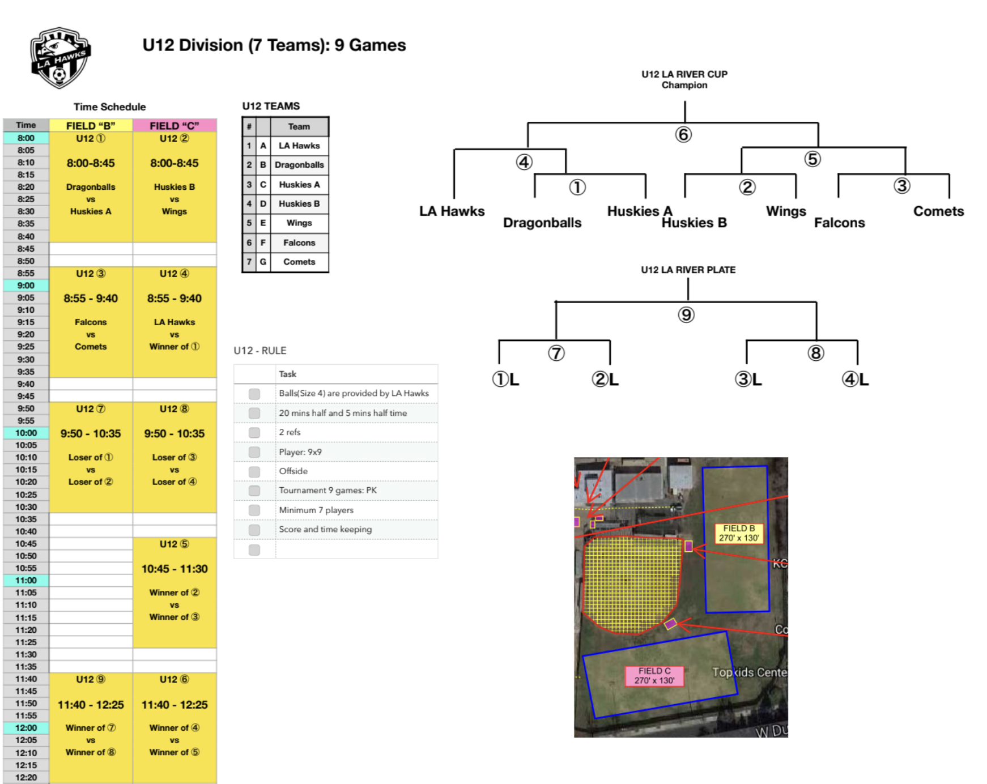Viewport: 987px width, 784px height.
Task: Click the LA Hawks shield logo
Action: [x=60, y=57]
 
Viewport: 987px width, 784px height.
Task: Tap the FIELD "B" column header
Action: [x=91, y=126]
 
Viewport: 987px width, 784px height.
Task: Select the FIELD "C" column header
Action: [x=175, y=126]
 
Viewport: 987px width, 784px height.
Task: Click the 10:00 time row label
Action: [x=26, y=433]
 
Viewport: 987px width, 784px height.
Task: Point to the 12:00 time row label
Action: [x=26, y=727]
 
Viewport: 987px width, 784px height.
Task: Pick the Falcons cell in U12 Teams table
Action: [x=299, y=242]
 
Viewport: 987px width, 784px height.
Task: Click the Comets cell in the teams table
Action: [x=299, y=262]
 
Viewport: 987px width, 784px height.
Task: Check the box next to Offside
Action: [x=254, y=471]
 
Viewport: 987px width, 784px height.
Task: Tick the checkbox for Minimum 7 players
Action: [x=254, y=510]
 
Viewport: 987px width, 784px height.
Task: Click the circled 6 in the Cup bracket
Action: [x=683, y=135]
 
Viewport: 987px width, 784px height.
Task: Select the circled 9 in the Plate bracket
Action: [x=686, y=315]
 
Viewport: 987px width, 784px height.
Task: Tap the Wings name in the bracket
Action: [x=786, y=211]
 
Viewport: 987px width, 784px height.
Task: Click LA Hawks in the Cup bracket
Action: [x=452, y=211]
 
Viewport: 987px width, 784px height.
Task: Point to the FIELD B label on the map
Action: [x=739, y=533]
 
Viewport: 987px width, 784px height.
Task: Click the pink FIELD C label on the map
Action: [x=654, y=676]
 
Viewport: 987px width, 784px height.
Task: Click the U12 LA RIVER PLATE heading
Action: [x=688, y=270]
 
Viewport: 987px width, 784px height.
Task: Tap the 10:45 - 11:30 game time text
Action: [x=175, y=569]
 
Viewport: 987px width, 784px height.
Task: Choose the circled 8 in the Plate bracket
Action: [x=815, y=353]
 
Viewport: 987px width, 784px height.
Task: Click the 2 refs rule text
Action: [x=290, y=432]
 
